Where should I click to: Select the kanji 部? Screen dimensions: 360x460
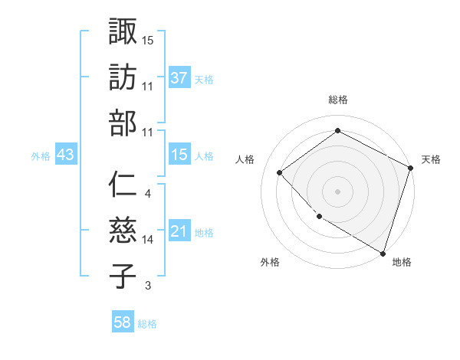(x=123, y=123)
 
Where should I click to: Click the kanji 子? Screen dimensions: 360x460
(x=123, y=276)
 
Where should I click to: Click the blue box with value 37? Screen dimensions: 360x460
(x=179, y=77)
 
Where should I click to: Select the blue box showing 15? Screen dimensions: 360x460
(x=179, y=155)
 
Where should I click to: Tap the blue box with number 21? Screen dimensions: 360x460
(x=179, y=231)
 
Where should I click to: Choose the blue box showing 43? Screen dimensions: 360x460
(x=66, y=155)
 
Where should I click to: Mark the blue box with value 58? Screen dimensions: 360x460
(x=123, y=322)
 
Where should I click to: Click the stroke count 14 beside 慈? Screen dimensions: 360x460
(x=148, y=240)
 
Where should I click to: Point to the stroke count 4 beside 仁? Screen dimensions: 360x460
(x=147, y=194)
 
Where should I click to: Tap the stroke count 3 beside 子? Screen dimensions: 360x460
(x=147, y=286)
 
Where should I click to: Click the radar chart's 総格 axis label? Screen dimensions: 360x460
(x=337, y=100)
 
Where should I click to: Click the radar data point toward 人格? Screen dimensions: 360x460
(x=280, y=172)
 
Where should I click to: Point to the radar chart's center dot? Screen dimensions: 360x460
(x=337, y=191)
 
